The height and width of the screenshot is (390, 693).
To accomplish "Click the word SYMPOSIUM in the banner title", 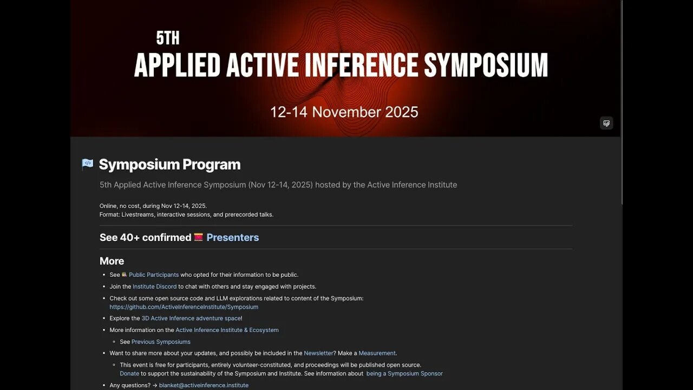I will [486, 66].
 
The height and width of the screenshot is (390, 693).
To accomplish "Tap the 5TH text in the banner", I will [168, 38].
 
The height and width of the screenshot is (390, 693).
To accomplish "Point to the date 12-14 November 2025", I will [344, 112].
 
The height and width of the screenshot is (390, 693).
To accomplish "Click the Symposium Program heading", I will [169, 165].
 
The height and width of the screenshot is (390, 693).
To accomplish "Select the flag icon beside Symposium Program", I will [87, 164].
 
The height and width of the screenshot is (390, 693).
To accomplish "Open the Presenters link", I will [232, 237].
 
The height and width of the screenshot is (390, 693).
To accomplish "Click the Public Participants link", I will [154, 275].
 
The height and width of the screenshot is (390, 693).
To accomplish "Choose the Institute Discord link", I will [154, 287].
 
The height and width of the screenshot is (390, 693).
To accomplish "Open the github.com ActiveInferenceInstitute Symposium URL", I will [184, 307].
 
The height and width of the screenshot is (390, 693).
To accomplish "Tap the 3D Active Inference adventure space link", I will [191, 318].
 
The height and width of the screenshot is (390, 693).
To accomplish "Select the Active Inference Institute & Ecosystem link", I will [227, 330].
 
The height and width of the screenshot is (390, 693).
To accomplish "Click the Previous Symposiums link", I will [161, 342].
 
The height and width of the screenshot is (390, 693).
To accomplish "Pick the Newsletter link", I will [318, 353].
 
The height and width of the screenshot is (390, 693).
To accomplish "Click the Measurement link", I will [377, 353].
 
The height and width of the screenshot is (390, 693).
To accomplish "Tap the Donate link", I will [129, 373].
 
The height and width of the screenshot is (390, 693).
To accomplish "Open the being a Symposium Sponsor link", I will [404, 373].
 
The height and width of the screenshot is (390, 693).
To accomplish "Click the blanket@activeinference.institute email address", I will [204, 385].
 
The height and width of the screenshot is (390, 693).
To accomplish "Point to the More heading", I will [112, 261].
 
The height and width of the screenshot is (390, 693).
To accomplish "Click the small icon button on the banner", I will [606, 123].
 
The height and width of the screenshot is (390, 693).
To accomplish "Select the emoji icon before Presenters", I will [199, 237].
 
